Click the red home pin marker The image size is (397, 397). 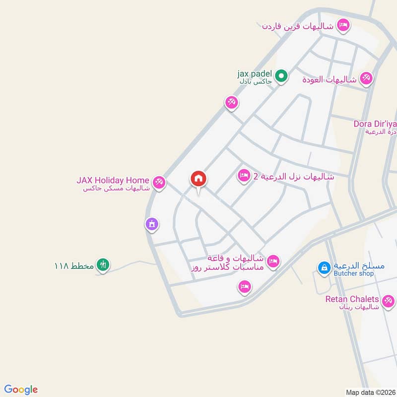pyautogui.click(x=198, y=180)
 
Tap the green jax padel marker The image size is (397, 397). pyautogui.click(x=281, y=76)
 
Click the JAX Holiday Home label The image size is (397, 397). pyautogui.click(x=113, y=180)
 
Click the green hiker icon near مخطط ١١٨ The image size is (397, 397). pyautogui.click(x=103, y=265)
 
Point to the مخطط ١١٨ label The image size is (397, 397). pyautogui.click(x=74, y=265)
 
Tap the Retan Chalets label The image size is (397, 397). pyautogui.click(x=352, y=299)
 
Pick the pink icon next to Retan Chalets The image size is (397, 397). pyautogui.click(x=388, y=300)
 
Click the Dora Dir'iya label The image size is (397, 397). pyautogui.click(x=375, y=124)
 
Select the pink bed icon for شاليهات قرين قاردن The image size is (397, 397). pyautogui.click(x=342, y=24)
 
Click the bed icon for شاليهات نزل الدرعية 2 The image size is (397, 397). pyautogui.click(x=244, y=175)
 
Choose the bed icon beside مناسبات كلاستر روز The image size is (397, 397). pyautogui.click(x=273, y=261)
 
